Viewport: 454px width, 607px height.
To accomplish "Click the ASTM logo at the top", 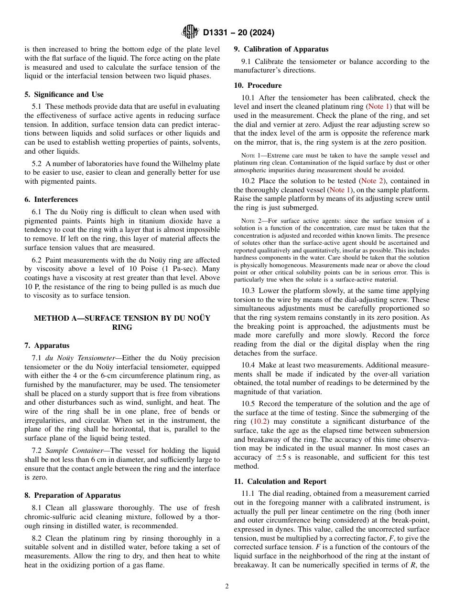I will [190, 32].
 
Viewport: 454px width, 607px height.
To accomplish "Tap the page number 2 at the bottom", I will [227, 586].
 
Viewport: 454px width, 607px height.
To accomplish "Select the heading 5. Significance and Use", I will [64, 94].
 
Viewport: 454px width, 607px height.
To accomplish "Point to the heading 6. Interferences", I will [51, 199].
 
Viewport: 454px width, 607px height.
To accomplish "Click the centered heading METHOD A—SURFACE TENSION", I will [122, 318].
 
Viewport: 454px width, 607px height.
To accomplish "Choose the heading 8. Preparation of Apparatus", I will [73, 495].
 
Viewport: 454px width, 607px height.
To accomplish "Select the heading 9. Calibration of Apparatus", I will [281, 49].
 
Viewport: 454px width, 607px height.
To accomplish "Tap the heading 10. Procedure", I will [258, 85].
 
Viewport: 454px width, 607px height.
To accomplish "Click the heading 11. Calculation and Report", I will [280, 481].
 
